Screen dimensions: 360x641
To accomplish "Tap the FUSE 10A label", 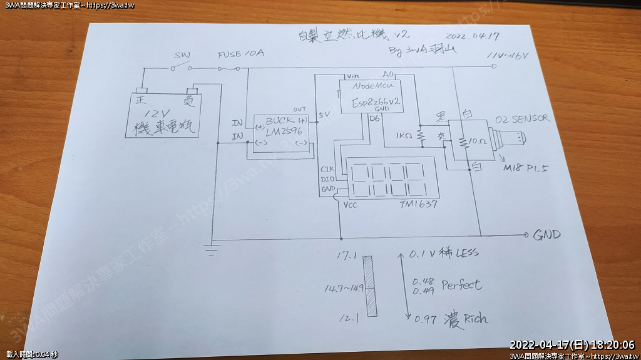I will pos(240,54).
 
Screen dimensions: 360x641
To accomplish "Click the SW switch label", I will pos(182,55).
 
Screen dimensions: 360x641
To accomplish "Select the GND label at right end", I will pos(546,235).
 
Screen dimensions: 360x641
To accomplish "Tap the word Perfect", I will pos(461,285).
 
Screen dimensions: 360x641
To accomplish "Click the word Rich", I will pos(476,319).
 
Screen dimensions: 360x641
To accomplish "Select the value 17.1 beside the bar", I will pos(346,256).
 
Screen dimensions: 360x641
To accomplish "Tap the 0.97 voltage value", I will pos(425,320).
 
